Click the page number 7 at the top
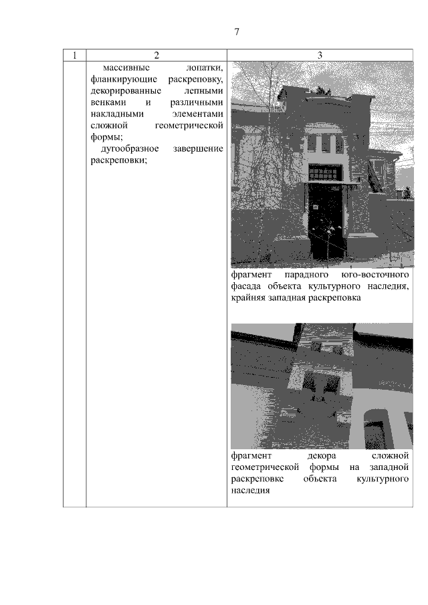tap(237, 31)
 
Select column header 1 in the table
tap(74, 55)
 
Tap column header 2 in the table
tap(156, 55)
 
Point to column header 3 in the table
tap(320, 55)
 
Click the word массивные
tap(126, 68)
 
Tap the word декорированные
tap(126, 91)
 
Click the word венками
tap(108, 103)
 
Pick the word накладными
tap(117, 114)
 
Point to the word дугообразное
tap(130, 149)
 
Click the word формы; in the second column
tap(107, 137)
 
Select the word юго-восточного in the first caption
tap(375, 275)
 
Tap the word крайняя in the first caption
tap(248, 298)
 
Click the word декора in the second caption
tap(322, 456)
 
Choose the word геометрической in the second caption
tap(265, 468)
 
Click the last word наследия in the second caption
tap(250, 491)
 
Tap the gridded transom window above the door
tap(325, 172)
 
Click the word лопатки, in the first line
tap(205, 68)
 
